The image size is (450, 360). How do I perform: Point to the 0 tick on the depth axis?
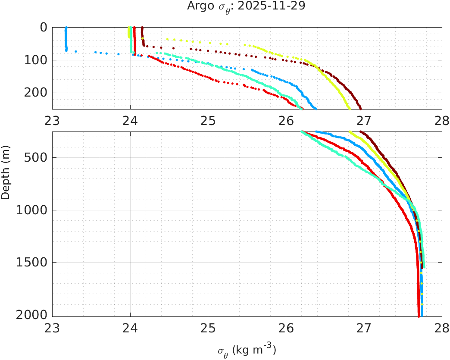point(44,27)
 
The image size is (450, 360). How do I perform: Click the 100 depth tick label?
point(36,60)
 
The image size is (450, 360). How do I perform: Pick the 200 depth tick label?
point(36,93)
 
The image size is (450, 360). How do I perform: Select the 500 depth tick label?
point(36,157)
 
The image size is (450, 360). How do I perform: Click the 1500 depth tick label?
point(33,263)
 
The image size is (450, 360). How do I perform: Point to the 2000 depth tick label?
point(33,315)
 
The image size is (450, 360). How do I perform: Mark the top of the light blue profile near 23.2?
point(66,28)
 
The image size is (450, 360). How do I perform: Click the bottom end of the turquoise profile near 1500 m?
point(423,267)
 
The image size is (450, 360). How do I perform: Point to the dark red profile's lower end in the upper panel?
point(360,108)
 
